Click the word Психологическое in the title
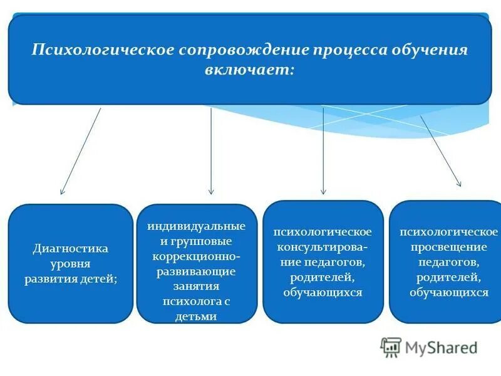[x=103, y=50]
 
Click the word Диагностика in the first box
[x=70, y=249]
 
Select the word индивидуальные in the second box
[x=197, y=226]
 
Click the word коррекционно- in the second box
[x=197, y=256]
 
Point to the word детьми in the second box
[x=197, y=316]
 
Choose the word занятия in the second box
[x=197, y=286]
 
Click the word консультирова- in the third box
[x=323, y=247]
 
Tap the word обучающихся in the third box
[x=323, y=292]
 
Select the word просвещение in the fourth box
[x=448, y=247]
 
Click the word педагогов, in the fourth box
[x=448, y=262]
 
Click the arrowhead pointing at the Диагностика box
[x=62, y=191]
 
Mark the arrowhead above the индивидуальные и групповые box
[x=211, y=191]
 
